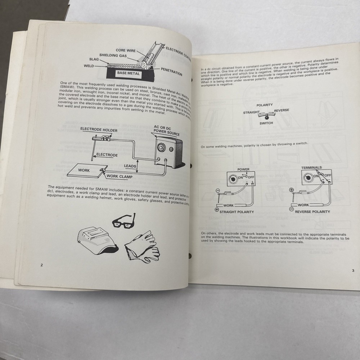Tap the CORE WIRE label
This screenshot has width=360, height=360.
126,50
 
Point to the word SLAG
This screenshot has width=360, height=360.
95,60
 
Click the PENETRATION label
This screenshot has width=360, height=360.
172,71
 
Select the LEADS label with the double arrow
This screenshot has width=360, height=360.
130,166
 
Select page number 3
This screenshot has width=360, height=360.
353,271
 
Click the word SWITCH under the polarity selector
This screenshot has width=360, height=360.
266,123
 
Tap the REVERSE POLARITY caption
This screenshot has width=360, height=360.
312,211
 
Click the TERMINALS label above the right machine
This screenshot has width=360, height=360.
311,167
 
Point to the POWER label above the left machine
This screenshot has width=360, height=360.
244,169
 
